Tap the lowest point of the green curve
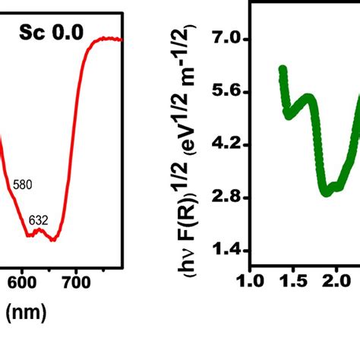click(x=327, y=192)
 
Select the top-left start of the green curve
click(x=283, y=70)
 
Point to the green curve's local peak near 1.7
click(x=308, y=98)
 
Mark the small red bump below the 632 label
click(x=36, y=231)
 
